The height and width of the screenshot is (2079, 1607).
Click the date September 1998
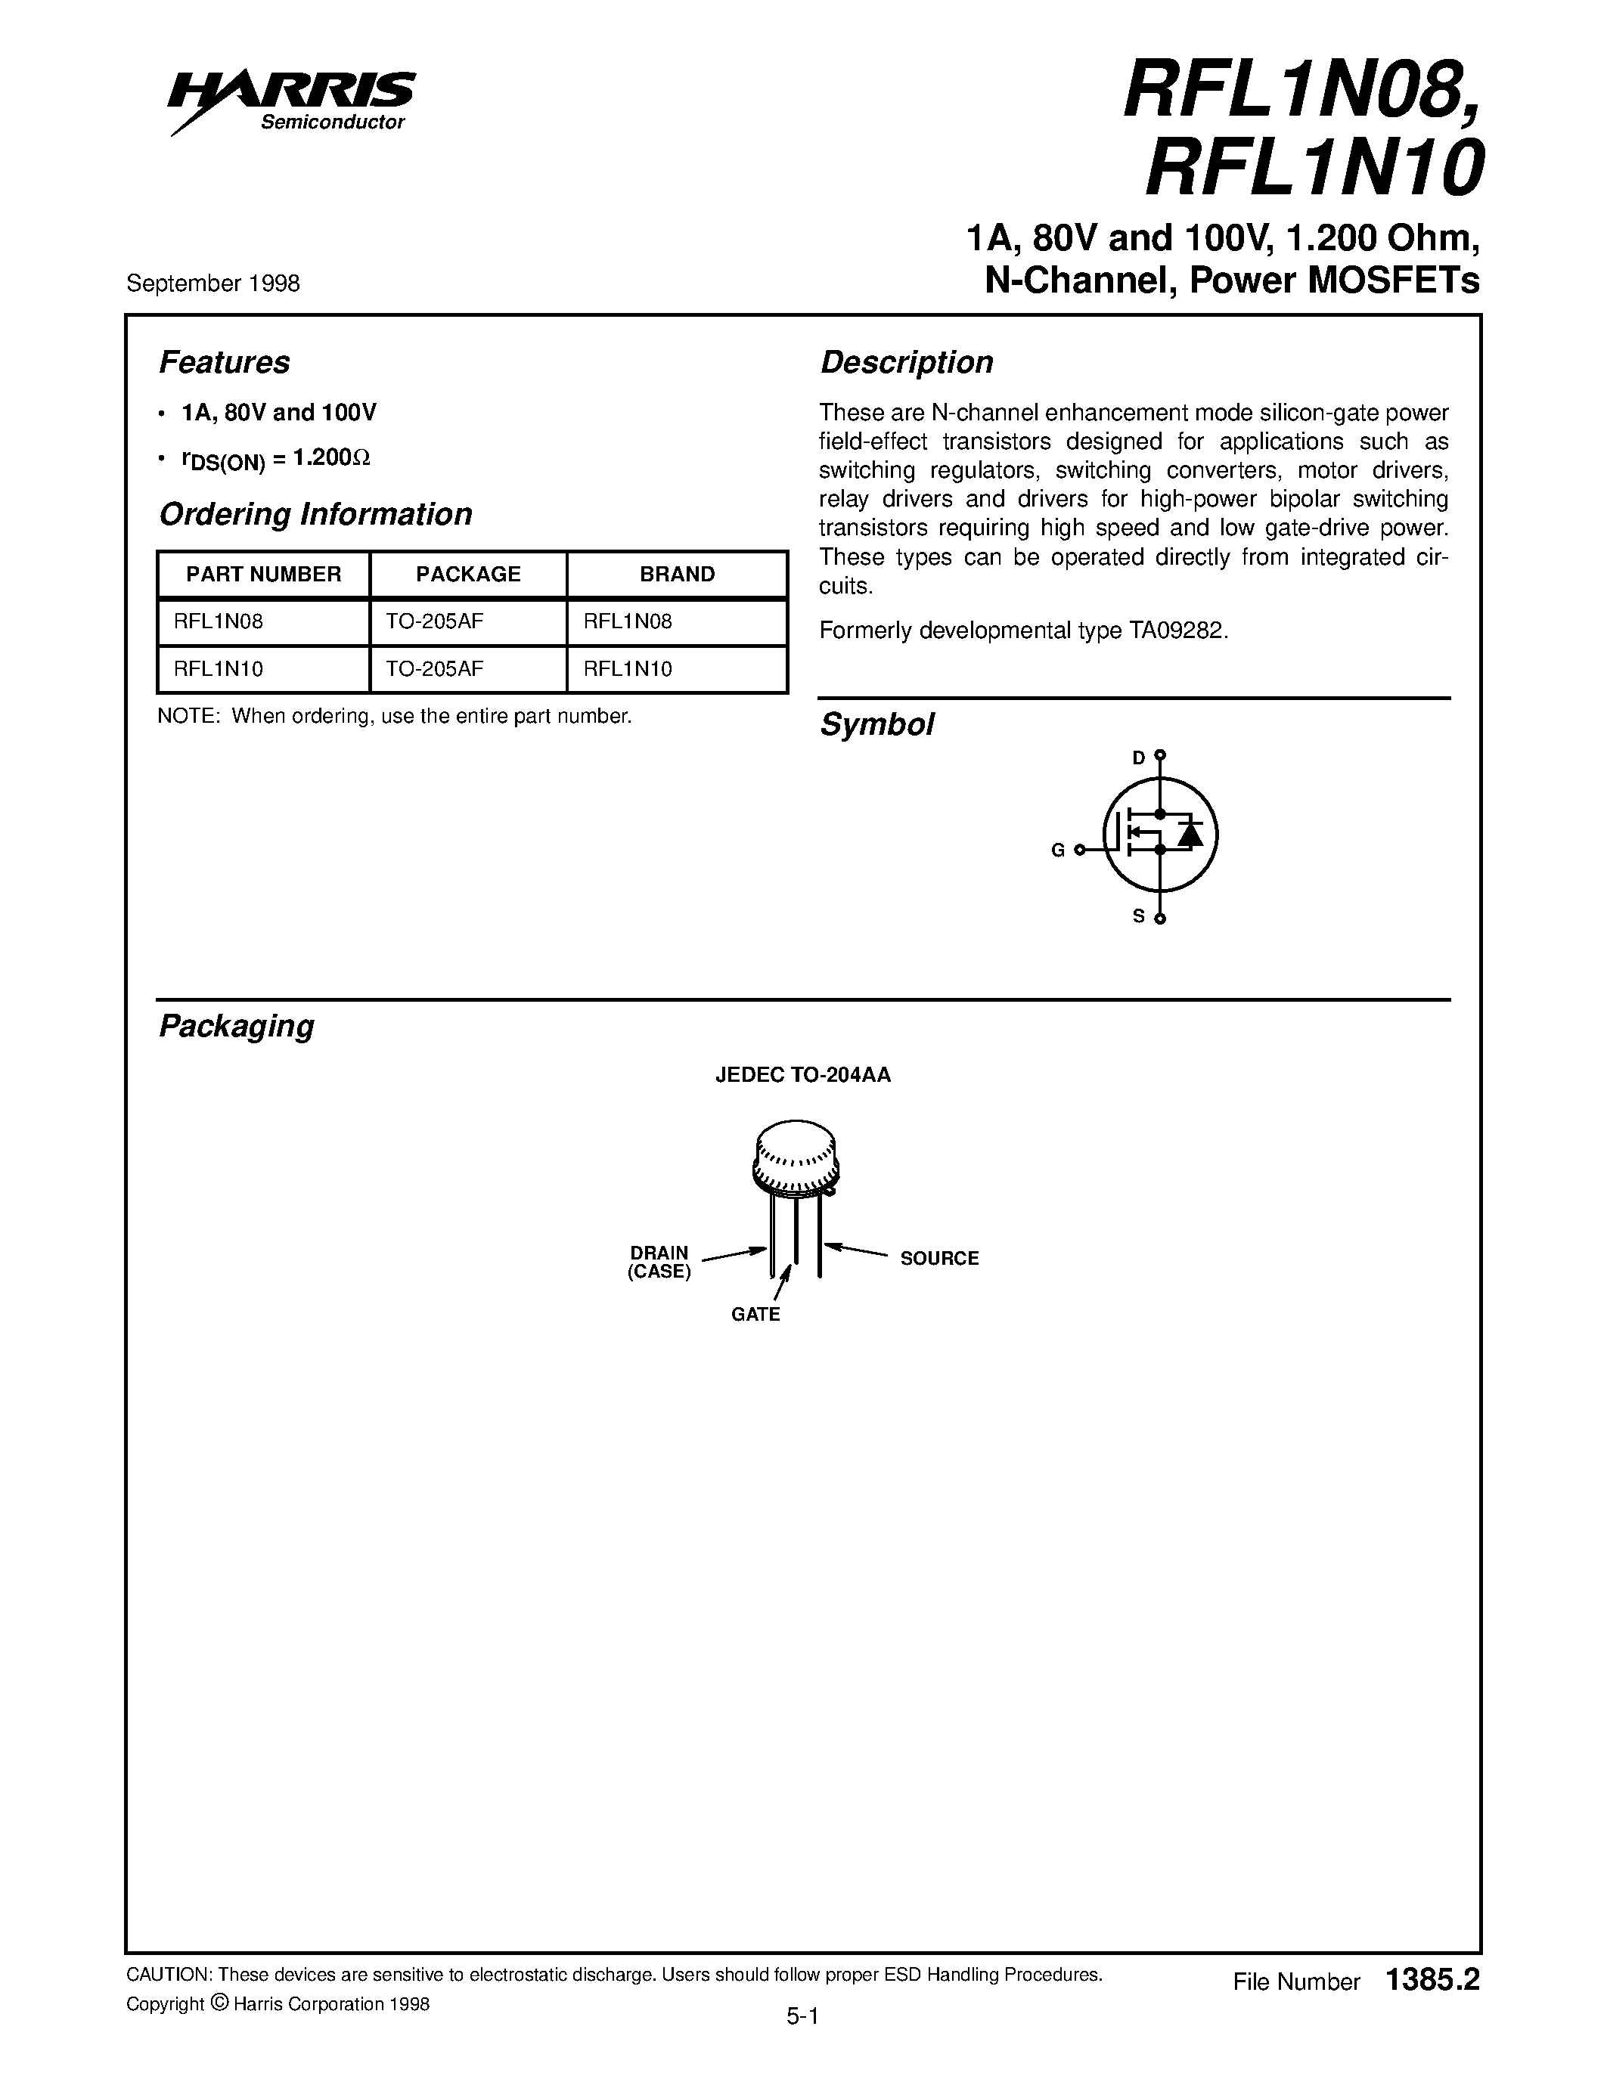click(x=213, y=283)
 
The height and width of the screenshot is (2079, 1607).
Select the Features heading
click(x=224, y=363)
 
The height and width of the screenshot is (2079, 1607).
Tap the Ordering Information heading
click(x=315, y=514)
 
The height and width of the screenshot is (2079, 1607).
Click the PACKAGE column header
click(x=468, y=574)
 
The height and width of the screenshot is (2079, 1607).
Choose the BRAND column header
click(x=677, y=574)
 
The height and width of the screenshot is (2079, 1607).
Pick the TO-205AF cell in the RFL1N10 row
click(x=434, y=669)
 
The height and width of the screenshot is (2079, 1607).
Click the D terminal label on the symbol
click(x=1139, y=758)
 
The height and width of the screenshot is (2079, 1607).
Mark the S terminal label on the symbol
click(x=1139, y=917)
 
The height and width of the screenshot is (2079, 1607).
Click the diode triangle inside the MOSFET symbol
click(x=1189, y=835)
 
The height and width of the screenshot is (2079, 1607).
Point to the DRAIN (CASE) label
click(x=659, y=1263)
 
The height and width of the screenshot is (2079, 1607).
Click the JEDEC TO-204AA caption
click(x=802, y=1076)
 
